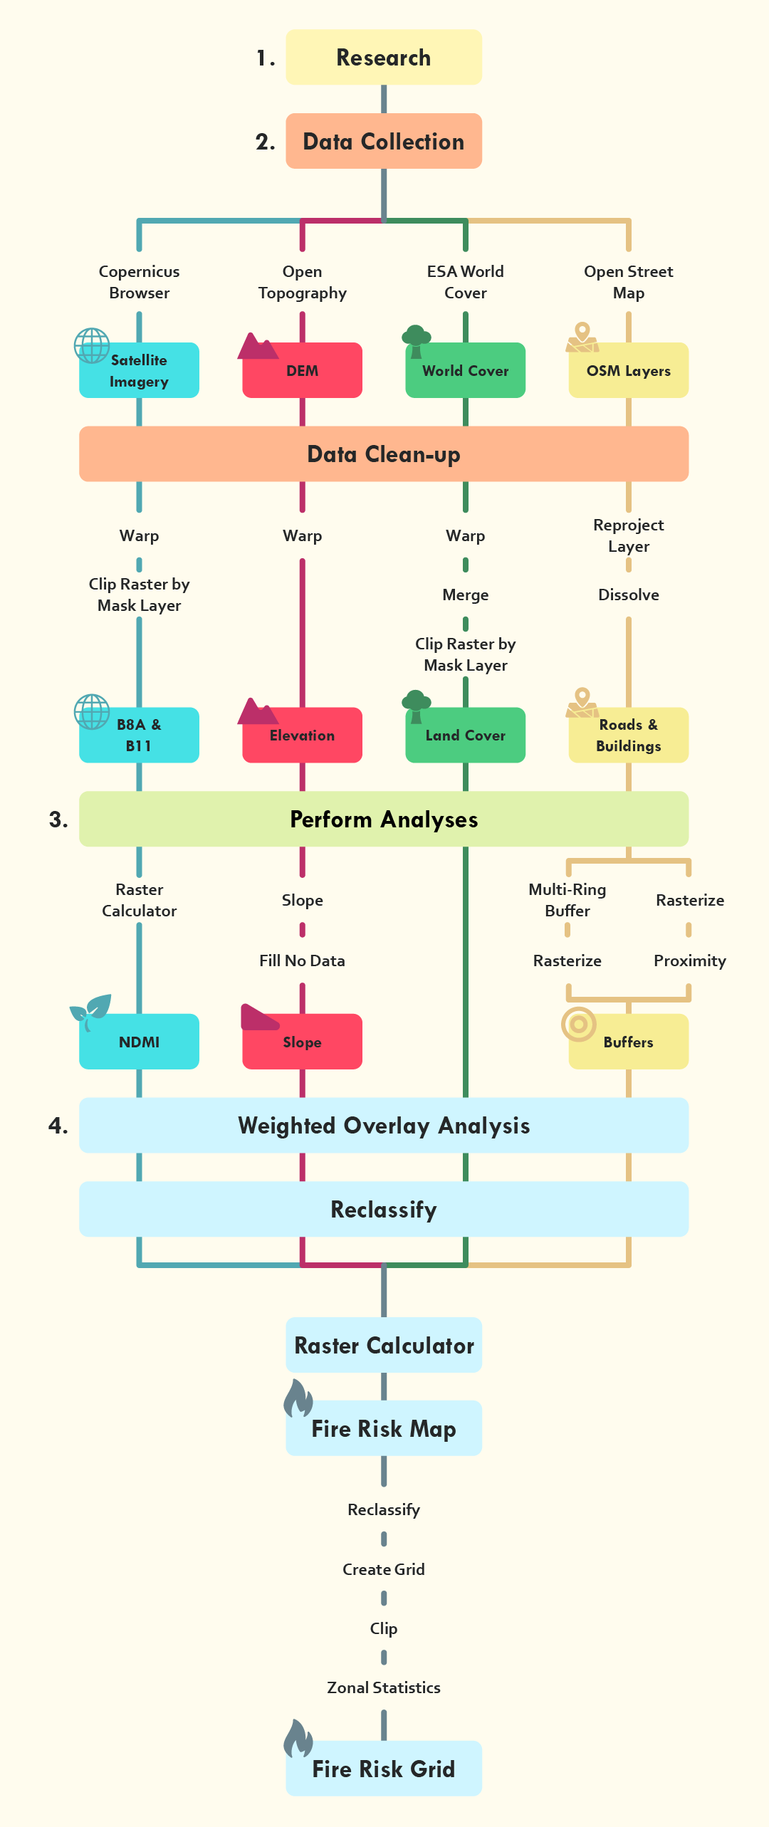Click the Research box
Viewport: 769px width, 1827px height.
click(x=384, y=58)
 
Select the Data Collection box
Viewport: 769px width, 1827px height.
click(x=384, y=142)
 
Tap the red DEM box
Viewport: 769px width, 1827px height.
click(x=303, y=371)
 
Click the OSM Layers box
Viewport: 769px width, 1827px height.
click(x=629, y=371)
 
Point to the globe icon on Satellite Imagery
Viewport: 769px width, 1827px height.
click(x=92, y=345)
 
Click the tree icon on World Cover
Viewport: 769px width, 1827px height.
click(x=417, y=340)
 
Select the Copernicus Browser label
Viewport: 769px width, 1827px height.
click(x=139, y=282)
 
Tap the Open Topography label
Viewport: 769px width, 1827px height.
click(x=303, y=282)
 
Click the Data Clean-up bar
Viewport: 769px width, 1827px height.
click(x=384, y=454)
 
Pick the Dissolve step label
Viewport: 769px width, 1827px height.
click(x=629, y=595)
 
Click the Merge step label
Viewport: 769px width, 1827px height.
click(x=466, y=595)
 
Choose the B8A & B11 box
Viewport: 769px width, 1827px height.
click(x=139, y=735)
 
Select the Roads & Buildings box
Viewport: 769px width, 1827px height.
click(x=629, y=735)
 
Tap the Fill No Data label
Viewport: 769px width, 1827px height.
click(x=303, y=960)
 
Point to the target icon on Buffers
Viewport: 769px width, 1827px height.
click(x=579, y=1025)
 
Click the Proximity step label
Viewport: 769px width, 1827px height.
click(x=690, y=960)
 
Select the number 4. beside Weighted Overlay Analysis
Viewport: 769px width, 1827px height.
click(x=58, y=1126)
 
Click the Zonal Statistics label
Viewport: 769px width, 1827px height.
click(x=384, y=1687)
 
